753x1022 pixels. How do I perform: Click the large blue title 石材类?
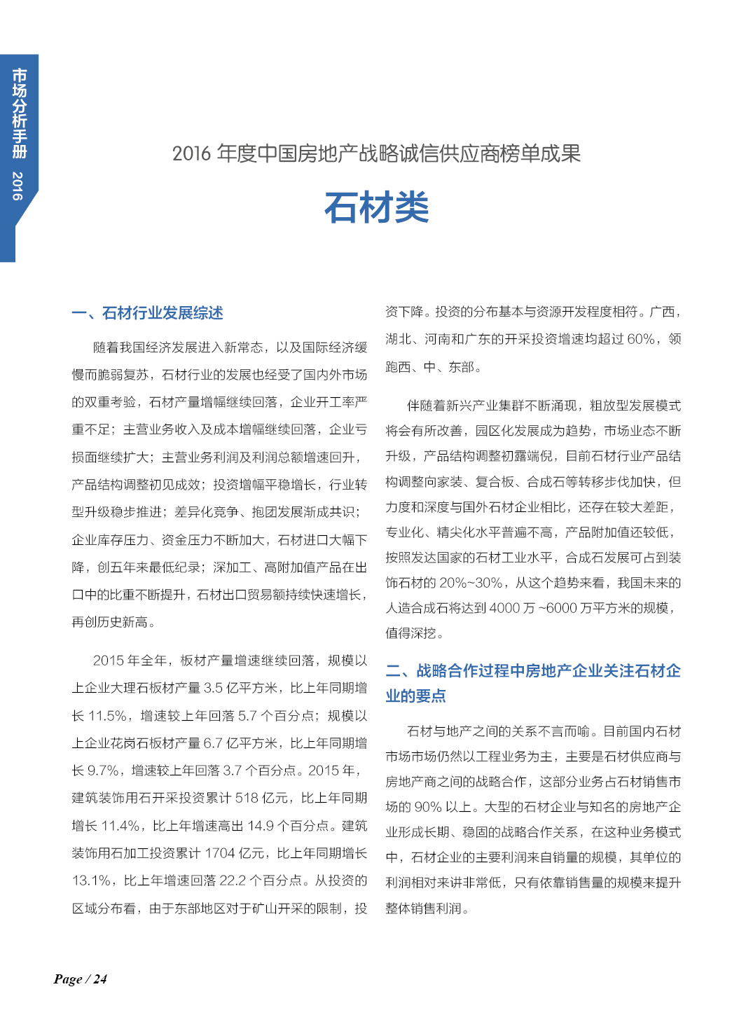tap(376, 208)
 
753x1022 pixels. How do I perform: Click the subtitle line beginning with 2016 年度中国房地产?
tap(376, 153)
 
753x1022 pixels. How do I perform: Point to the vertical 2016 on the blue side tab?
tap(18, 186)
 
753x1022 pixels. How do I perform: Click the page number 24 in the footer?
tap(100, 979)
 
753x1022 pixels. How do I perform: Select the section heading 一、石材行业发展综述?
tap(147, 313)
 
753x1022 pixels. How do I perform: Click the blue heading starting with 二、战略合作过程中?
tap(533, 671)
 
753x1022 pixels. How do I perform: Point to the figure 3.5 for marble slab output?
tap(213, 688)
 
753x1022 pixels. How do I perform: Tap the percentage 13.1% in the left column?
tap(92, 881)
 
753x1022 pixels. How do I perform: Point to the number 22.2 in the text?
tap(241, 881)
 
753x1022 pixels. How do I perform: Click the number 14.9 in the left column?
tap(260, 826)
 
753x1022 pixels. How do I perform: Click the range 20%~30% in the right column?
tap(471, 583)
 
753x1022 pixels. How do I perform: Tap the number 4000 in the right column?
tap(504, 608)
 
